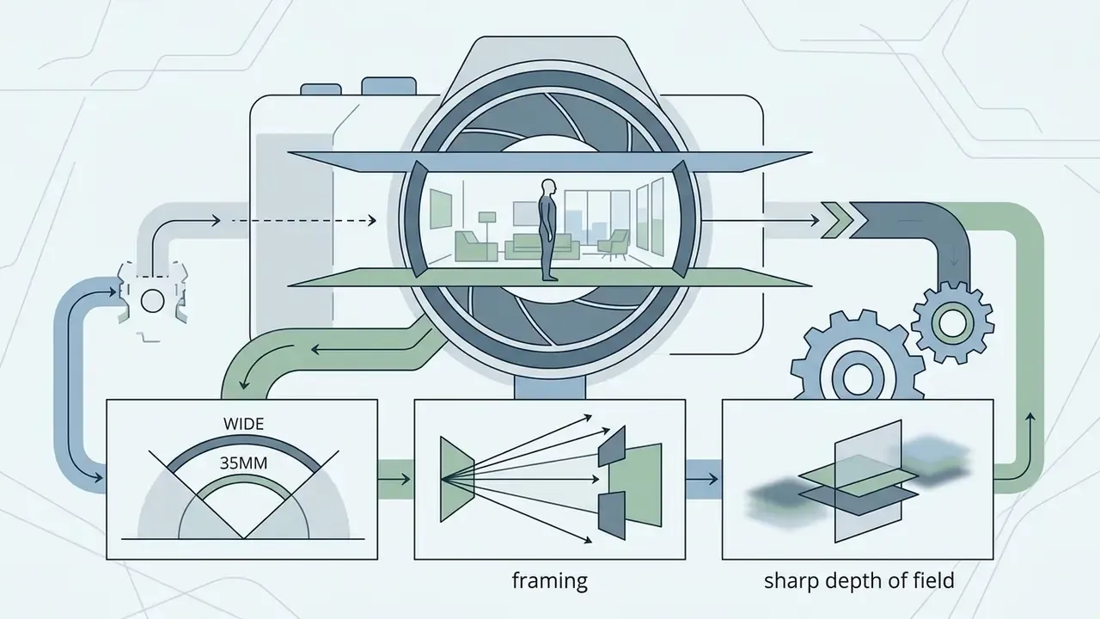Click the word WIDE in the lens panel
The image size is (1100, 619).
pyautogui.click(x=243, y=424)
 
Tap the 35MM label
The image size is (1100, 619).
pyautogui.click(x=243, y=463)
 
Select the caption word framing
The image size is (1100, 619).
pyautogui.click(x=549, y=581)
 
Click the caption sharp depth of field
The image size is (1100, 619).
pyautogui.click(x=859, y=581)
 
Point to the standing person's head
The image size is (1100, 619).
pyautogui.click(x=548, y=187)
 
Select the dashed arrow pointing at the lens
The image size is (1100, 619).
pyautogui.click(x=304, y=221)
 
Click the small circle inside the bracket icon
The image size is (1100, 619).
pyautogui.click(x=152, y=301)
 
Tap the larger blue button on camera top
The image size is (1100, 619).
pyautogui.click(x=389, y=86)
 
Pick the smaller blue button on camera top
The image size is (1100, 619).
pyautogui.click(x=321, y=89)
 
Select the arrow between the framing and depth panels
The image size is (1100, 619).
pyautogui.click(x=703, y=479)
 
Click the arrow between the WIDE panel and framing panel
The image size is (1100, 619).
pyautogui.click(x=394, y=479)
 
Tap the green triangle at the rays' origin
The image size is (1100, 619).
pyautogui.click(x=456, y=479)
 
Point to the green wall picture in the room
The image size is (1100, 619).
pyautogui.click(x=441, y=209)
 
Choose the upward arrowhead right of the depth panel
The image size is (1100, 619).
pyautogui.click(x=1030, y=417)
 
